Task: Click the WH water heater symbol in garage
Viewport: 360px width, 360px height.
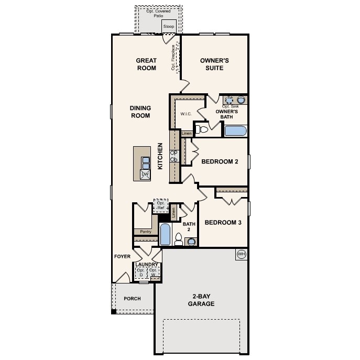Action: (242, 254)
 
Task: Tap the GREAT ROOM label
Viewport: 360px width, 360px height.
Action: (146, 64)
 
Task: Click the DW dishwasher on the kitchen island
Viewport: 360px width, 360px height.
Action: (145, 173)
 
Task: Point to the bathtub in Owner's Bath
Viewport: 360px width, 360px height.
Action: (236, 130)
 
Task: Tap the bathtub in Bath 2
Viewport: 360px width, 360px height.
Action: (165, 235)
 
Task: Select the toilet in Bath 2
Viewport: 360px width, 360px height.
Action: (178, 239)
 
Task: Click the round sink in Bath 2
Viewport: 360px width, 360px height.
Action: (191, 242)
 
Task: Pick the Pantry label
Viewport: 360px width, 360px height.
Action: (146, 231)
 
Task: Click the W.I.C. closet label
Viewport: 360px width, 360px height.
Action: (186, 113)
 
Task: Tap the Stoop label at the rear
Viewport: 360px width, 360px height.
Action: (169, 26)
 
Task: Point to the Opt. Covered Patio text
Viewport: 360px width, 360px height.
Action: (159, 13)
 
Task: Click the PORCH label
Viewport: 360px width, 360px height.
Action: (132, 299)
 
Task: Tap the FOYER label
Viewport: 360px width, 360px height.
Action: (122, 256)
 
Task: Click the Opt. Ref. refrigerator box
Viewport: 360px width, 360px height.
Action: (160, 205)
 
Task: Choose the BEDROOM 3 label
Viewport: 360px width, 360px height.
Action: (223, 223)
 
